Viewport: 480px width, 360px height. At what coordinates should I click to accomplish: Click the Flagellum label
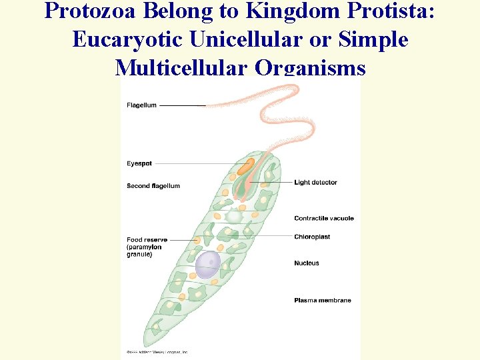pyautogui.click(x=141, y=105)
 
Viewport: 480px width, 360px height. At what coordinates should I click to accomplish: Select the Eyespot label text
pyautogui.click(x=139, y=163)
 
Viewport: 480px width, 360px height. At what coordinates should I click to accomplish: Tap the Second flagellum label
pyautogui.click(x=153, y=186)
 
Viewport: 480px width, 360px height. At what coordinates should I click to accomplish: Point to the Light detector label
pyautogui.click(x=315, y=183)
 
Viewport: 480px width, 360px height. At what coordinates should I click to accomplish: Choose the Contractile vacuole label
pyautogui.click(x=324, y=219)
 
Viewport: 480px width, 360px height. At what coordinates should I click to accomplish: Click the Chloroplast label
pyautogui.click(x=312, y=237)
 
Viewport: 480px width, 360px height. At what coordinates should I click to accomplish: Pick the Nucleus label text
pyautogui.click(x=307, y=263)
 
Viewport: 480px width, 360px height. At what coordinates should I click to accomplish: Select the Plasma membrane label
pyautogui.click(x=323, y=301)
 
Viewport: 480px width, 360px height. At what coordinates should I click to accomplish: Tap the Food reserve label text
pyautogui.click(x=147, y=240)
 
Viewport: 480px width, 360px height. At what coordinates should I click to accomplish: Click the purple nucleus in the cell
pyautogui.click(x=207, y=264)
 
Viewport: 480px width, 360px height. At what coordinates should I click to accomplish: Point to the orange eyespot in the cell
pyautogui.click(x=245, y=167)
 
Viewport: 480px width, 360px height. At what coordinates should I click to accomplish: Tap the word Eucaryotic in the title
pyautogui.click(x=127, y=40)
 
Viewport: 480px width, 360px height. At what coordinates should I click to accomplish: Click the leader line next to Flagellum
pyautogui.click(x=182, y=105)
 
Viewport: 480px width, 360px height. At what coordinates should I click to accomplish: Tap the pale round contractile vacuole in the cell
pyautogui.click(x=233, y=216)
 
